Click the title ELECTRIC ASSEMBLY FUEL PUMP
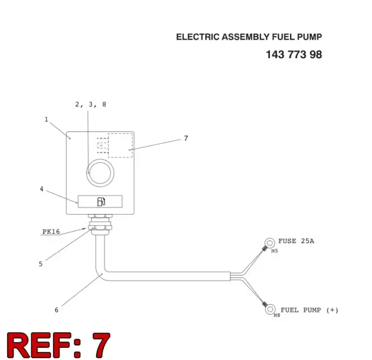click(249, 37)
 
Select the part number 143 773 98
click(294, 55)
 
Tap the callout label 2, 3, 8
click(91, 105)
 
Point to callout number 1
click(46, 119)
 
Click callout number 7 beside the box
click(186, 138)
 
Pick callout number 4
click(41, 189)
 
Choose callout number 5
click(41, 264)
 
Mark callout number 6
click(56, 310)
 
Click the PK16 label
click(51, 231)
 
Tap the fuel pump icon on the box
click(101, 202)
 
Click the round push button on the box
click(100, 173)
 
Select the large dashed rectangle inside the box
click(120, 145)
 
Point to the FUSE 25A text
click(296, 241)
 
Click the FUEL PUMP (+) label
click(309, 310)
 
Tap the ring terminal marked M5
click(270, 243)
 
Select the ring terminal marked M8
click(270, 309)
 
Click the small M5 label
click(274, 251)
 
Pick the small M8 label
click(277, 315)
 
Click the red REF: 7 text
click(59, 345)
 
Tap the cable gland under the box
click(100, 224)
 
